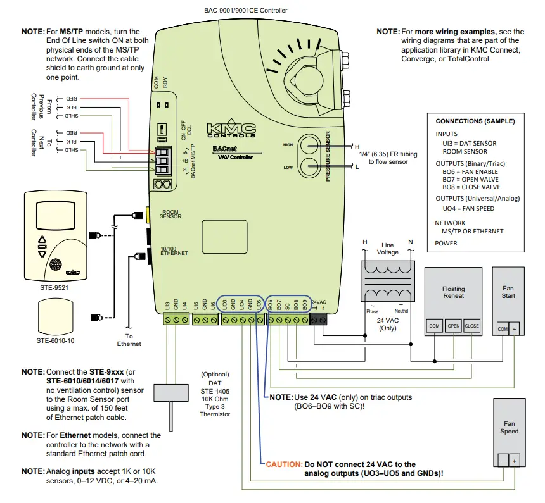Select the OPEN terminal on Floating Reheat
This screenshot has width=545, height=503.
(x=453, y=326)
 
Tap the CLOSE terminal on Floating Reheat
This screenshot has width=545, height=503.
(x=472, y=326)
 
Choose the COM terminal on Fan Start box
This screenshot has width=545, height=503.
(x=503, y=329)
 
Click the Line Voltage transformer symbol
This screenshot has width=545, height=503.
(x=387, y=281)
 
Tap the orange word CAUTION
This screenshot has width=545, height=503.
(x=284, y=464)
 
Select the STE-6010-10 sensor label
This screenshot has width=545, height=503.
(x=56, y=342)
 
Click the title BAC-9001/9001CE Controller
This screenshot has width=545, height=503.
(x=237, y=10)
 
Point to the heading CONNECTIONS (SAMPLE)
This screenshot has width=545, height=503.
(x=475, y=121)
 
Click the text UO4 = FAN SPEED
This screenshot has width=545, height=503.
(x=468, y=209)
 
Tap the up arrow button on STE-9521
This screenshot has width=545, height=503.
(x=42, y=240)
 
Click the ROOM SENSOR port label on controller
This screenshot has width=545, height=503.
(x=171, y=214)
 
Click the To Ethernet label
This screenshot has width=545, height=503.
(x=129, y=340)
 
